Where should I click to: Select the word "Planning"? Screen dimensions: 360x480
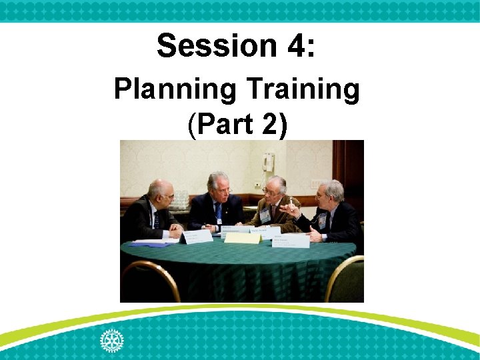coord(175,90)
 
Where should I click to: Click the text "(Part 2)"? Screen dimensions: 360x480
coord(238,125)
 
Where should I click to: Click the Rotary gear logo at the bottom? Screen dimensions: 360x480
coord(111,340)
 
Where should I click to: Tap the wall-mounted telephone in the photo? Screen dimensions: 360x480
coord(268,162)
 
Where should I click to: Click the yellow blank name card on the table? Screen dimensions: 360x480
coord(242,237)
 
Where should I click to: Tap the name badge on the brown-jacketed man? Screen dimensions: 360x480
coord(265,215)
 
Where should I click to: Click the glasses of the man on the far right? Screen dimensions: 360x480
coord(323,195)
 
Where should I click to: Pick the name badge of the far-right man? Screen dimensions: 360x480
coord(323,220)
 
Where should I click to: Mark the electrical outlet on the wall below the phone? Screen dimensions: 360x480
coord(257,185)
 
